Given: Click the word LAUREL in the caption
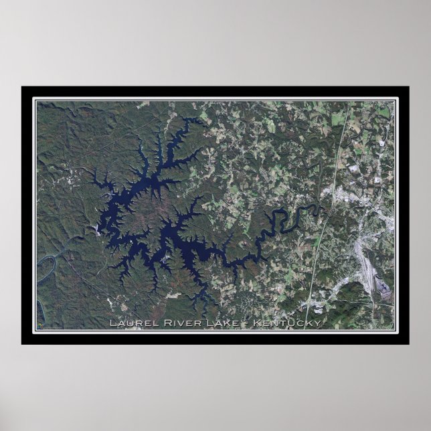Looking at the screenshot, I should pyautogui.click(x=131, y=325).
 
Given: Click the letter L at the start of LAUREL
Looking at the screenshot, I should pyautogui.click(x=112, y=325).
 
